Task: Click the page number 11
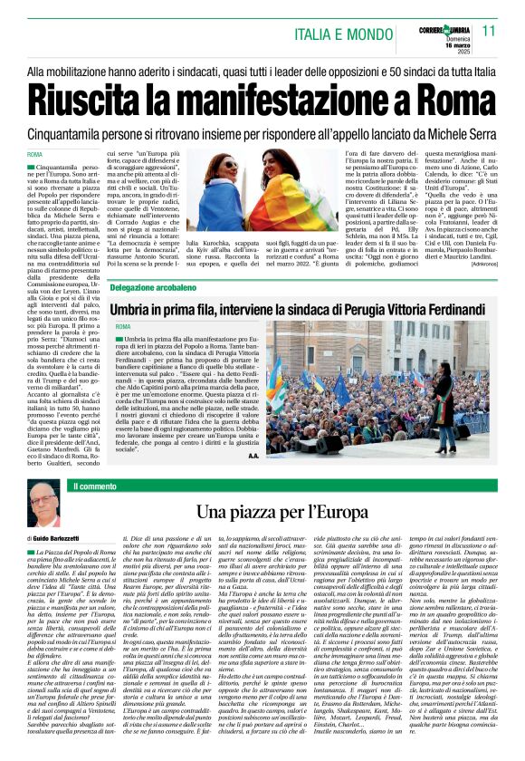point(488,32)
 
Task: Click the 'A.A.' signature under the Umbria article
point(253,456)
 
